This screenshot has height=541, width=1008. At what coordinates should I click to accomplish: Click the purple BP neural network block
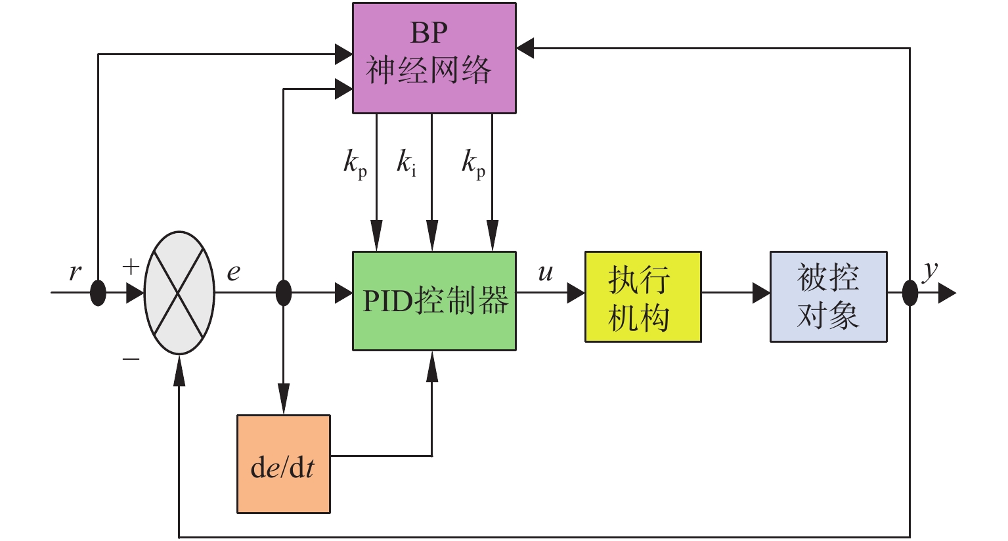[434, 58]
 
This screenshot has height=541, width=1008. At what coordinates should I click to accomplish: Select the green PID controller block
[434, 301]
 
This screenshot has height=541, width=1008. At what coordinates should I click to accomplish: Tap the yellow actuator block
[643, 297]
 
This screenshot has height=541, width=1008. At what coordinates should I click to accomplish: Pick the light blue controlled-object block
[828, 297]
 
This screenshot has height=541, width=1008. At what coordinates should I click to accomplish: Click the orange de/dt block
[283, 464]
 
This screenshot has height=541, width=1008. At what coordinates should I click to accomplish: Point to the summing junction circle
[179, 293]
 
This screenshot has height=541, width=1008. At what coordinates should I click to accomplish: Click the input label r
[76, 272]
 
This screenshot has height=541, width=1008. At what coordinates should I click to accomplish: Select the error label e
[234, 272]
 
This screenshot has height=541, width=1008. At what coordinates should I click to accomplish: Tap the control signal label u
[545, 272]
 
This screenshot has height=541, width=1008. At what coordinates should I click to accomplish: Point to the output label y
[930, 270]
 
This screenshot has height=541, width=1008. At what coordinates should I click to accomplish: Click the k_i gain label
[406, 162]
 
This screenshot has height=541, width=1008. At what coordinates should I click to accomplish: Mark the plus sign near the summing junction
[131, 267]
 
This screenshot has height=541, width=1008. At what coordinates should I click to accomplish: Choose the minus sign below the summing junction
[131, 358]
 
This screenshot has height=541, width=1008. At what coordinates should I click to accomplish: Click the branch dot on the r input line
[98, 293]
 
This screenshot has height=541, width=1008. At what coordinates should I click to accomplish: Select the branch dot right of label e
[283, 293]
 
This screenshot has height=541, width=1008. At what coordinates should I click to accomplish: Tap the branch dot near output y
[909, 293]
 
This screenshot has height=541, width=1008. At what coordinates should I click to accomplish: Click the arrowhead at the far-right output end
[947, 293]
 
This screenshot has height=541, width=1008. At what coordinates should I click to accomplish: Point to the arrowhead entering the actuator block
[576, 293]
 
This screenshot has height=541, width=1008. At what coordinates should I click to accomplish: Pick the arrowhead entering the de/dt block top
[283, 404]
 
